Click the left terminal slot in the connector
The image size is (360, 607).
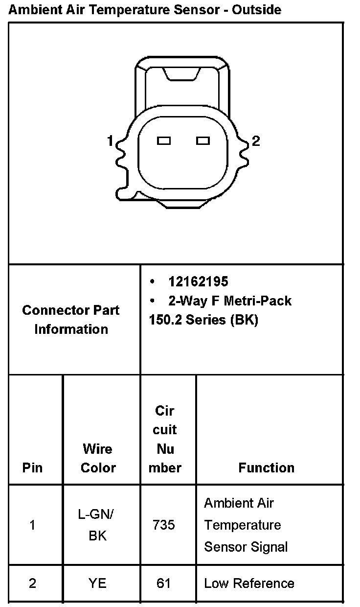pos(164,141)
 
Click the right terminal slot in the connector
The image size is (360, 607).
pos(203,141)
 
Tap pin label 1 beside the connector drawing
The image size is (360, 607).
pos(110,141)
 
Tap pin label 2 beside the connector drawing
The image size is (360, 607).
pos(256,141)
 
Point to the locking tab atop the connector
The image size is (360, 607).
pos(182,73)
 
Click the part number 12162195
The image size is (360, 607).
pos(198,281)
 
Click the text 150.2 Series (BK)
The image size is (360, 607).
pos(203,320)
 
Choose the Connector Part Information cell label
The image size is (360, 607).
pos(71,320)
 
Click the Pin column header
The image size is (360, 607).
pos(33,467)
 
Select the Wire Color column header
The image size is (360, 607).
pos(98,458)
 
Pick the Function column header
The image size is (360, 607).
pos(267,467)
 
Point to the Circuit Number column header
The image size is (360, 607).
pos(165,439)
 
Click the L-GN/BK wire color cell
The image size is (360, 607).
pos(98,525)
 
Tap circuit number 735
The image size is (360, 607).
pos(164,525)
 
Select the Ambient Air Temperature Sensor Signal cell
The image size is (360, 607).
pos(246,525)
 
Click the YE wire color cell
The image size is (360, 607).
pos(98,584)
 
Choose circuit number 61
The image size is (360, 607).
pos(164,584)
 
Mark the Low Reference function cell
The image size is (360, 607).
pos(249,584)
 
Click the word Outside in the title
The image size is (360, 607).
pos(257,9)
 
